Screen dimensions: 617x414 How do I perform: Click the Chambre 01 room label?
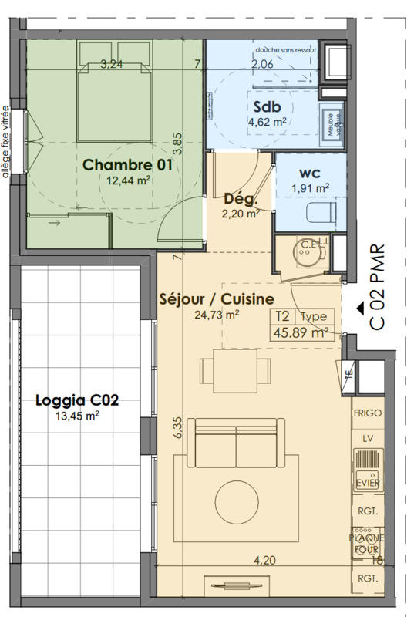click(126, 164)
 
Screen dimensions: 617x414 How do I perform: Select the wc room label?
click(311, 171)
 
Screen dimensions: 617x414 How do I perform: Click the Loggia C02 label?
click(77, 400)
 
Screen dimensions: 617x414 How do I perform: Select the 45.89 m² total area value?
click(300, 333)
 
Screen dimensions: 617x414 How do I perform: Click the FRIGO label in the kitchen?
click(368, 413)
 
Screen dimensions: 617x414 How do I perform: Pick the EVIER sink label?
click(368, 483)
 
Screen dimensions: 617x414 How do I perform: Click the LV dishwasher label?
click(368, 439)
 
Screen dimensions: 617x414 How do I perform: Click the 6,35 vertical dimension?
click(177, 429)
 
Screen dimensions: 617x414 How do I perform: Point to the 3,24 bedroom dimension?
click(112, 64)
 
